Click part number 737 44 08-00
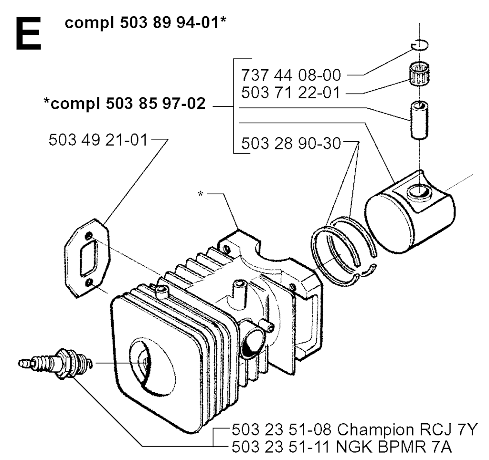tap(291, 75)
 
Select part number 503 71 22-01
tap(290, 93)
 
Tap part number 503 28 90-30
tap(291, 144)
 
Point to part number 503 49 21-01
tap(98, 140)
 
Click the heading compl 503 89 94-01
tap(145, 23)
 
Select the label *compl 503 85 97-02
tap(125, 104)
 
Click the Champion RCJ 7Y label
tap(407, 430)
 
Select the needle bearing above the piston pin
tap(419, 75)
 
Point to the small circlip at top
tap(419, 45)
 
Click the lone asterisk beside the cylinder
tap(201, 194)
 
